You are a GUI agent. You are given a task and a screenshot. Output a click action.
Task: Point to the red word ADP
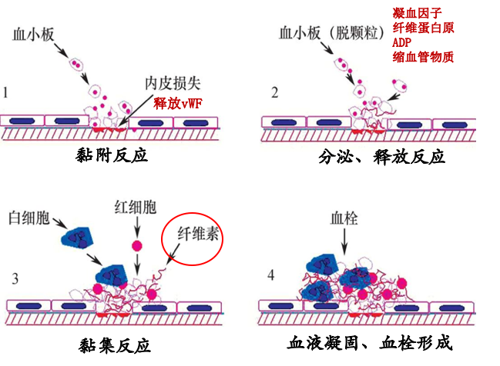(x=403, y=43)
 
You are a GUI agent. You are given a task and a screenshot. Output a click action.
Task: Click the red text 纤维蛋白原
(x=423, y=28)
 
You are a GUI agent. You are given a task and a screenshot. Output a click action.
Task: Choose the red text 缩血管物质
(x=423, y=58)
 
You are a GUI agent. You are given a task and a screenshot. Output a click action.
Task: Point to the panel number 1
(x=6, y=93)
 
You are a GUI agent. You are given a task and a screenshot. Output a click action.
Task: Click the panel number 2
(x=274, y=93)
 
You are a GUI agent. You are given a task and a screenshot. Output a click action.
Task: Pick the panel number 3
(x=15, y=278)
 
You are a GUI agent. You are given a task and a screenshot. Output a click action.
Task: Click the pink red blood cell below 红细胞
(x=137, y=246)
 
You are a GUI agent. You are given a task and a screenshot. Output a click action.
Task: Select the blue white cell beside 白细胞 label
(x=78, y=239)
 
